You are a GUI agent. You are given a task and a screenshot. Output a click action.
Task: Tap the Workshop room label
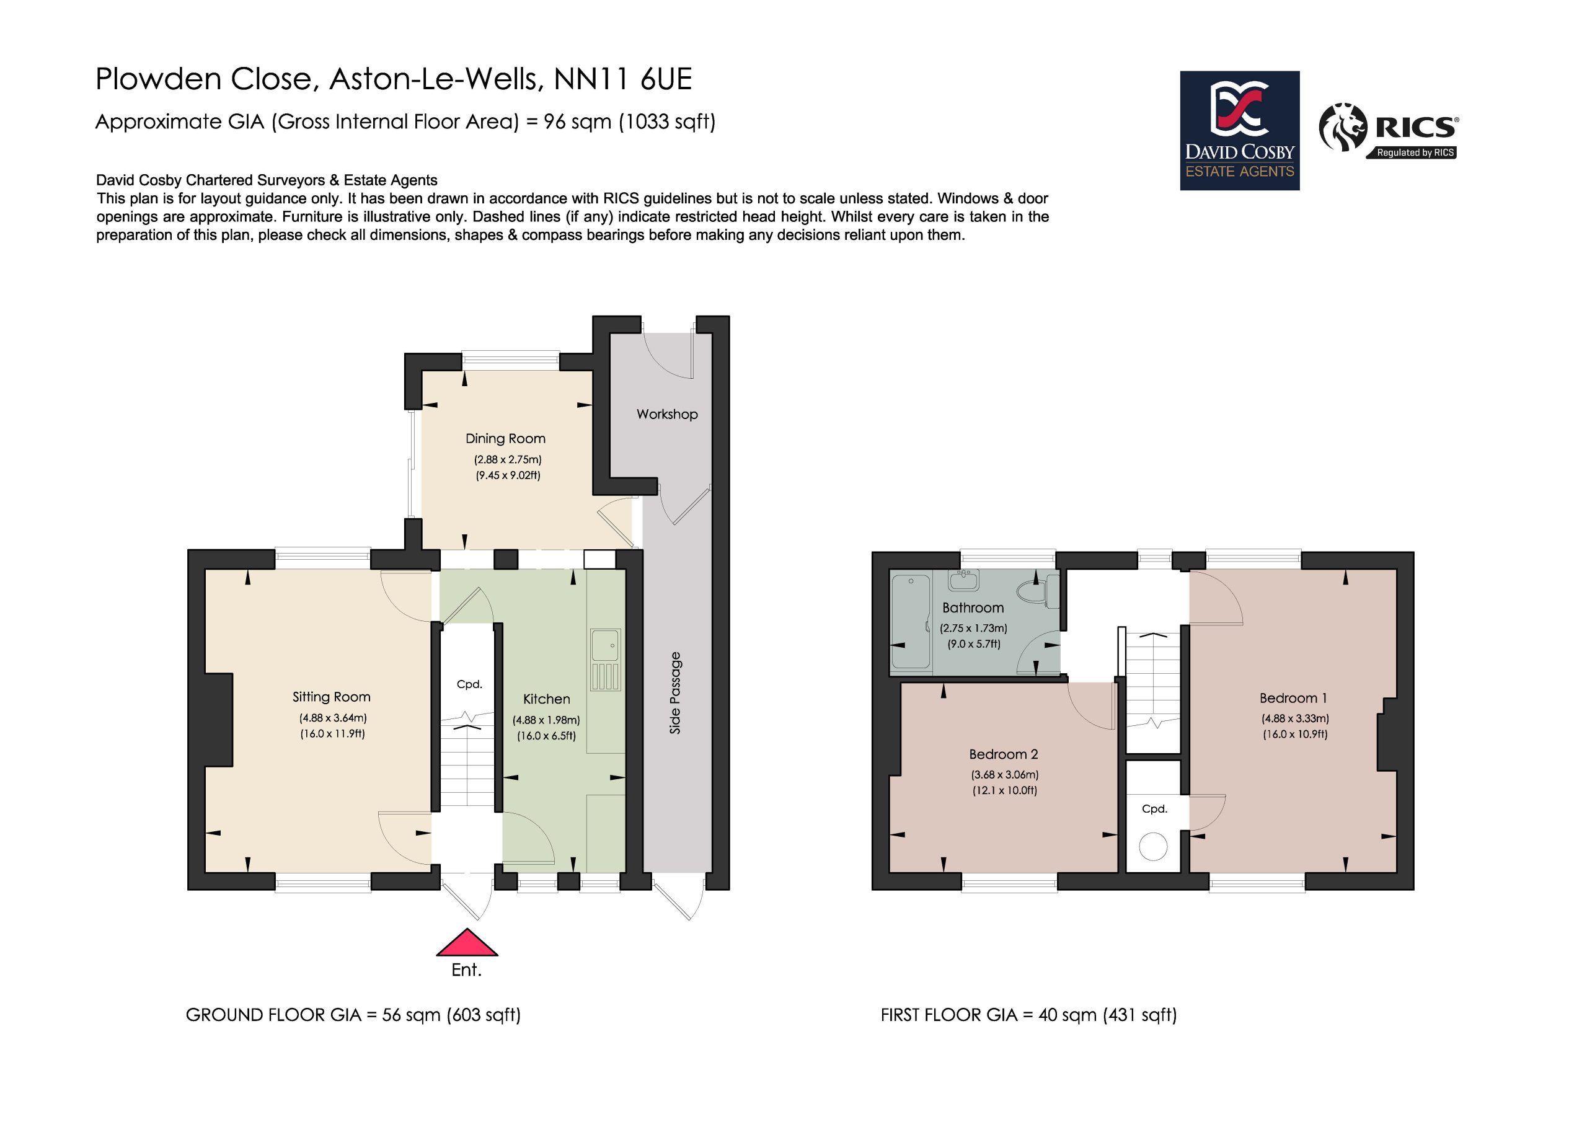pos(667,414)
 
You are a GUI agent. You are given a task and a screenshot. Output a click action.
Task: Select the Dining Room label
pos(505,438)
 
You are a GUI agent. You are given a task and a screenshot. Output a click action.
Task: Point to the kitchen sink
pos(606,660)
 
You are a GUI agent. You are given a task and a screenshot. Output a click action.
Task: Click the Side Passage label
pos(675,692)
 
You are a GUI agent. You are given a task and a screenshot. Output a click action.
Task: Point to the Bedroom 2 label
pos(1004,754)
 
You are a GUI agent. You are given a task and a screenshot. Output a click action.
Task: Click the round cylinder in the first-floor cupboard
pos(1153,847)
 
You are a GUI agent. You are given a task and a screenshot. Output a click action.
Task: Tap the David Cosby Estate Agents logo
pos(1239,130)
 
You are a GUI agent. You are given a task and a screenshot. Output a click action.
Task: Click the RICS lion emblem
pos(1342,127)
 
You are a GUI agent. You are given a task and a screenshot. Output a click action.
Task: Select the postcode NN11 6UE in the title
pos(623,79)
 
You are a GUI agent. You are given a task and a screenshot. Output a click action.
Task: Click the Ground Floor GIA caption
pos(353,1015)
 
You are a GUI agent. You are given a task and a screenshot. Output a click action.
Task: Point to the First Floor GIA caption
pos(1028,1015)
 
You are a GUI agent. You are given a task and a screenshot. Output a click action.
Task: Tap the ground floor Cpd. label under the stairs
pos(469,684)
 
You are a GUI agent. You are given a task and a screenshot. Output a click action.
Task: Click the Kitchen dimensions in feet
pos(546,736)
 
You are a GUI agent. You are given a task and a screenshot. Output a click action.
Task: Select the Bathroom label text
pos(973,607)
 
